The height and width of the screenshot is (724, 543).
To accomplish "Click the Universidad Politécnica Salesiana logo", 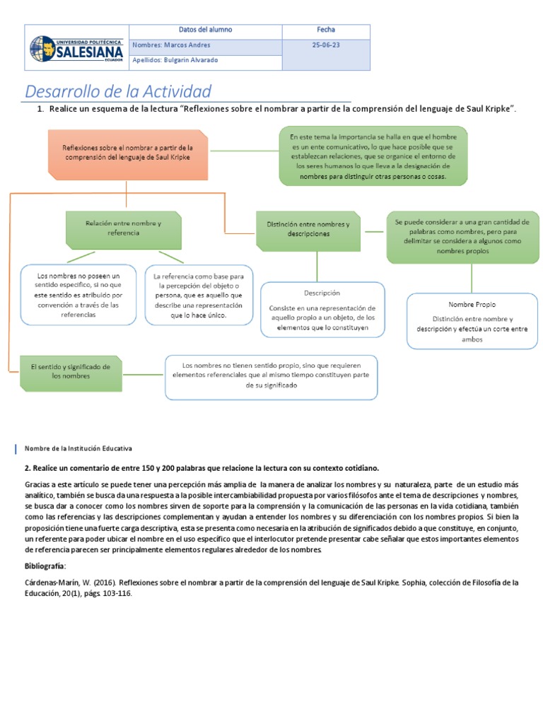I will pyautogui.click(x=76, y=48).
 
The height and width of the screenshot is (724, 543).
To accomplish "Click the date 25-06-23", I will pyautogui.click(x=326, y=45).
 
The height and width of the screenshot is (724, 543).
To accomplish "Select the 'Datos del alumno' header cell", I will pyautogui.click(x=205, y=30).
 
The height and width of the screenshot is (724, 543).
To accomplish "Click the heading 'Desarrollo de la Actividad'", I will pyautogui.click(x=118, y=91).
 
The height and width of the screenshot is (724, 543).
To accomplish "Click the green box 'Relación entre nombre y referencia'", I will pyautogui.click(x=124, y=228).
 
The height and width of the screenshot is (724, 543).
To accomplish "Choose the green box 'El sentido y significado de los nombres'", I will pyautogui.click(x=70, y=372).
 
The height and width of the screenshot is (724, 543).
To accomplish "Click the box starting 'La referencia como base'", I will pyautogui.click(x=199, y=295).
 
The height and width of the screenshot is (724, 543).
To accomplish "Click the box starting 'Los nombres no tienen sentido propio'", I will pyautogui.click(x=271, y=376).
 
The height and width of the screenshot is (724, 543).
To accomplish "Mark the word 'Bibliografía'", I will pyautogui.click(x=45, y=567).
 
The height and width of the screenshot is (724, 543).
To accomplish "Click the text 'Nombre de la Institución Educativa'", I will pyautogui.click(x=78, y=448).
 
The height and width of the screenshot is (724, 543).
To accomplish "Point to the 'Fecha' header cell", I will pyautogui.click(x=326, y=30).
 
